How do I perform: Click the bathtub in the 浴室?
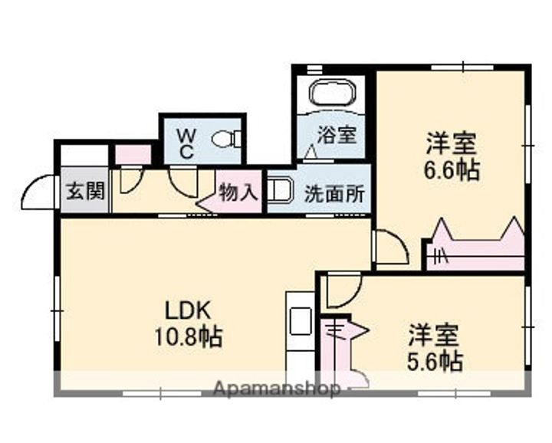tap(333, 92)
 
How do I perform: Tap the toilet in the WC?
tap(226, 139)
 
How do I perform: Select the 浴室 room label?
tap(337, 135)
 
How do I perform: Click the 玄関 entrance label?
tap(86, 192)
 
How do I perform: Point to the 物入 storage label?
tap(238, 192)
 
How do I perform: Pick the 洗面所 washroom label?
tap(334, 193)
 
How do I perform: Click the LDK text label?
tap(189, 310)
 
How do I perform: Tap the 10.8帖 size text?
tap(189, 336)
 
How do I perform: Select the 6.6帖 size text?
tap(452, 170)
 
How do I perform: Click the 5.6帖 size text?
tap(435, 361)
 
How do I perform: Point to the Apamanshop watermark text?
tap(277, 389)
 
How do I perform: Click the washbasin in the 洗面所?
tap(281, 190)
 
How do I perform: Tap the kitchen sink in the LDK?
tap(301, 321)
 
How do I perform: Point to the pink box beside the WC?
tap(133, 155)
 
